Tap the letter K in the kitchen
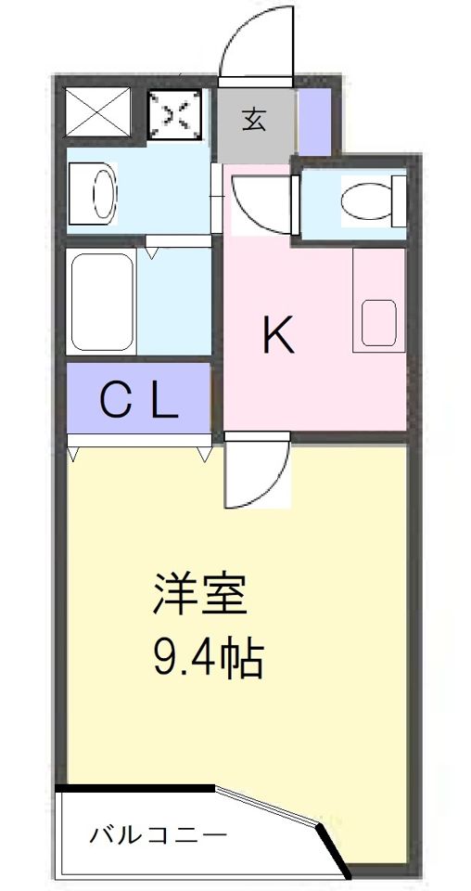tap(278, 335)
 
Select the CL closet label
tap(139, 402)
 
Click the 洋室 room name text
tap(200, 595)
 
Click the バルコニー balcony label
tap(158, 836)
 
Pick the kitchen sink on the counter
tap(379, 322)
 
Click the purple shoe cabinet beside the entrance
tap(316, 121)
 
